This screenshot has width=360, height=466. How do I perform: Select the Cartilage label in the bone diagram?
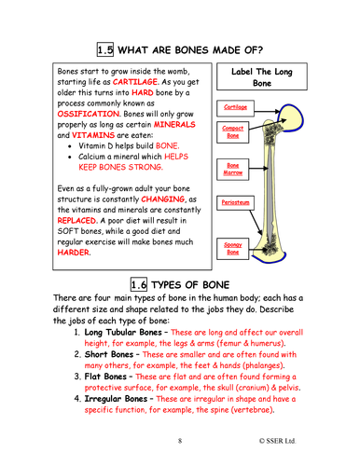[236, 107]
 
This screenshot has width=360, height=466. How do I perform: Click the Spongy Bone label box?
[231, 246]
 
